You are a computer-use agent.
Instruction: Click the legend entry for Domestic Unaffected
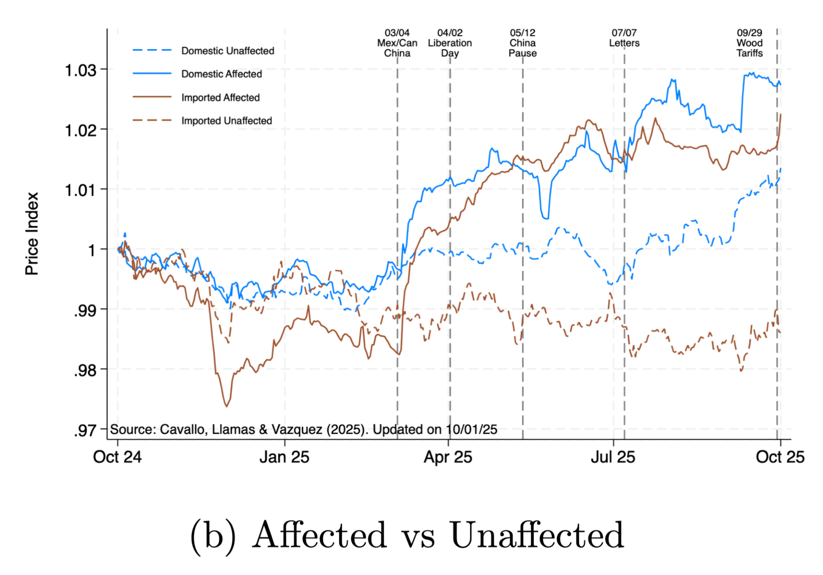[x=228, y=51]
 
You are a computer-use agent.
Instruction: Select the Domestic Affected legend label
[x=221, y=74]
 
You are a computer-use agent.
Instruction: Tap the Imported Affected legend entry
[x=220, y=98]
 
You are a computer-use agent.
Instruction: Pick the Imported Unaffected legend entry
[x=226, y=121]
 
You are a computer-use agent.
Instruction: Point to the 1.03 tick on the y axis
[x=81, y=70]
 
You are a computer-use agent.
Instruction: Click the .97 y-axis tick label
[x=85, y=431]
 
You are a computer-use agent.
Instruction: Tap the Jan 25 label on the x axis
[x=284, y=457]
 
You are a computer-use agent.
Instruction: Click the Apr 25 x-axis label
[x=448, y=457]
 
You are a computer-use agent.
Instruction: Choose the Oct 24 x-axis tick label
[x=117, y=457]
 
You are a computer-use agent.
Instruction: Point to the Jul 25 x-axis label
[x=613, y=457]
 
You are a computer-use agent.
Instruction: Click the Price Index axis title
[x=32, y=234]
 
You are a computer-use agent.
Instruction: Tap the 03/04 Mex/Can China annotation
[x=397, y=43]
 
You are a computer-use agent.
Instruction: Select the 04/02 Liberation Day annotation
[x=450, y=43]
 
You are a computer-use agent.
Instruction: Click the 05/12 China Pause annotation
[x=523, y=43]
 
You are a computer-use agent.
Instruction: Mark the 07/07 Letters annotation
[x=624, y=38]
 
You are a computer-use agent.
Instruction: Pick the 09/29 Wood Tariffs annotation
[x=749, y=43]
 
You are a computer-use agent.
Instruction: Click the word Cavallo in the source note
[x=182, y=430]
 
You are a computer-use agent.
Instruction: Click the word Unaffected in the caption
[x=537, y=535]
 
